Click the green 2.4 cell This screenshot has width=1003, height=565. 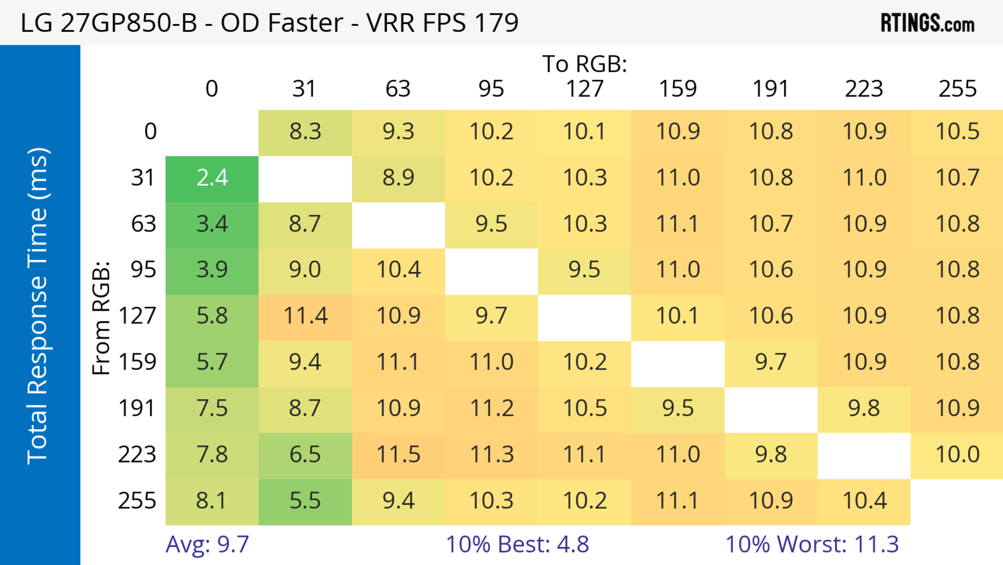[212, 178]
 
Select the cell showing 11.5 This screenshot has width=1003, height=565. [398, 455]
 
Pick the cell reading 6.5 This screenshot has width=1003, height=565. [305, 455]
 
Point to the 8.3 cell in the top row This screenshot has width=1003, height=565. [305, 132]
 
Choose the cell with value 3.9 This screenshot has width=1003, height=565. [212, 270]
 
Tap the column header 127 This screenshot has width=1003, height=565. [585, 89]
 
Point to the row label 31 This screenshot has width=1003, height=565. [143, 178]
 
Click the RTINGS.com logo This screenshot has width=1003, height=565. [928, 23]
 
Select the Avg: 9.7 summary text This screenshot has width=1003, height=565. [207, 544]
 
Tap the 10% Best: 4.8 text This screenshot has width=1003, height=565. [517, 544]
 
